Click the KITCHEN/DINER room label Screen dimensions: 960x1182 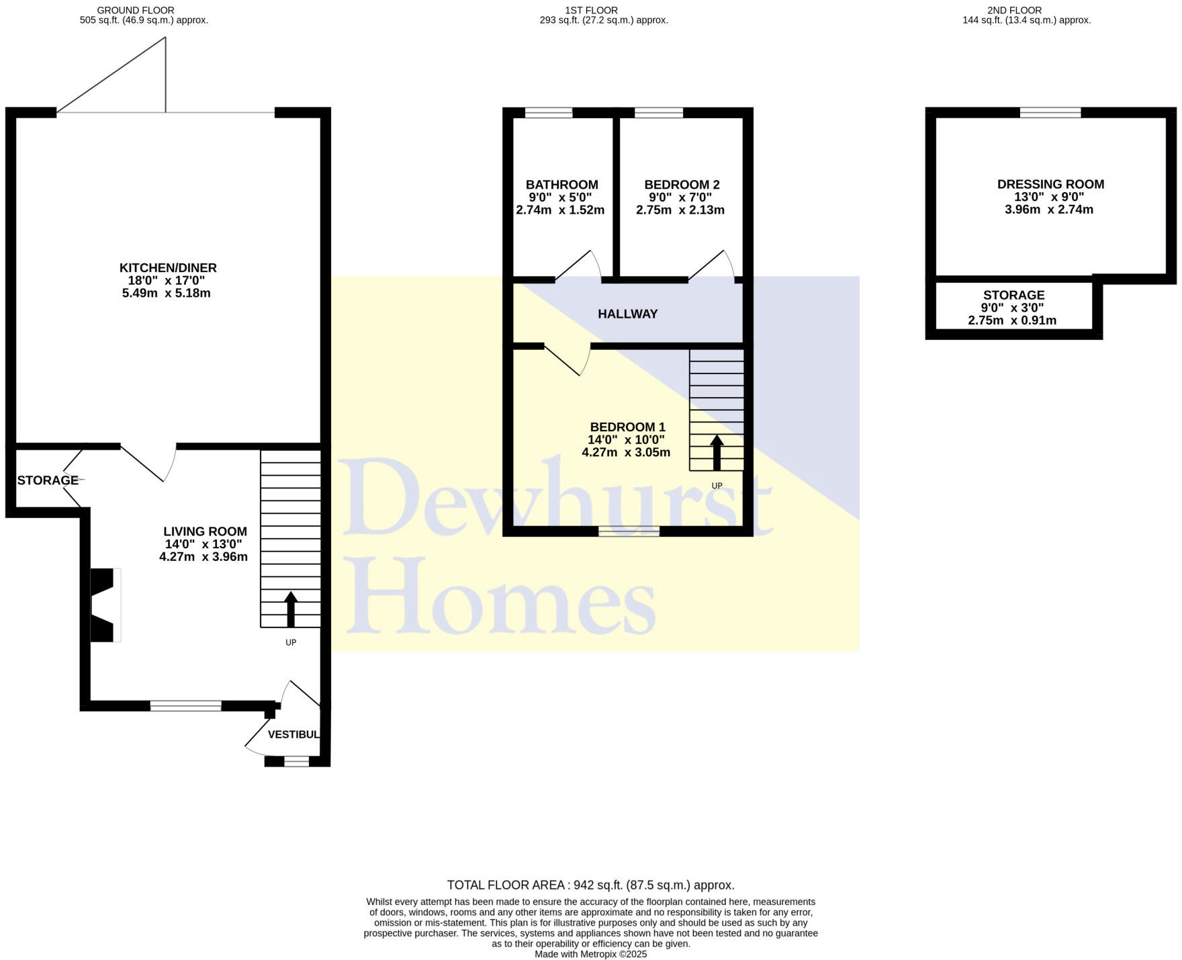168,268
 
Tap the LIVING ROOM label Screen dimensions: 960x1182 205,531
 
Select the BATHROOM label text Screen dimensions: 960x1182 561,185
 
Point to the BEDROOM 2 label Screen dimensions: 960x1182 682,185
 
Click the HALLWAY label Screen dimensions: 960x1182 627,314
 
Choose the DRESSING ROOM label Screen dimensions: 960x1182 1050,184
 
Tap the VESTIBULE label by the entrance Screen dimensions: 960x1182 293,734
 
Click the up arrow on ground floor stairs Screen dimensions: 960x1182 291,608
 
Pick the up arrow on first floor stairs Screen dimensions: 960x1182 717,451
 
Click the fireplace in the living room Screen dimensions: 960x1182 105,605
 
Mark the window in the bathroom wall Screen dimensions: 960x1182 549,113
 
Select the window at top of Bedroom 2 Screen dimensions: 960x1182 658,113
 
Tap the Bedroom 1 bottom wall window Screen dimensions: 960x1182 629,531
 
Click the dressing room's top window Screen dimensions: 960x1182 1050,113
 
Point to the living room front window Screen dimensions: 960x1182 185,705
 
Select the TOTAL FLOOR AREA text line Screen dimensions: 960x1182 590,885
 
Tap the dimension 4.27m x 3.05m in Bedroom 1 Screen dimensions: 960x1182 626,452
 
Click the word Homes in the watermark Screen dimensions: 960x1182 500,597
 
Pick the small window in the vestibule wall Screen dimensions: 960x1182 296,761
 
